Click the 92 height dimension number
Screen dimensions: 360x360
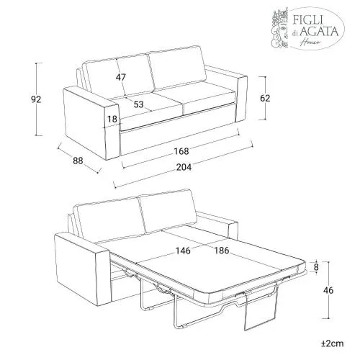click(36, 99)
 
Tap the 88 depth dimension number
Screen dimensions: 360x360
click(78, 161)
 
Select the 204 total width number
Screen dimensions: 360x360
click(184, 167)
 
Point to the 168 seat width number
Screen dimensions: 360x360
click(181, 151)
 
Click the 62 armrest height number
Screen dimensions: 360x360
click(265, 98)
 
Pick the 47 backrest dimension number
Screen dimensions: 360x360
click(121, 77)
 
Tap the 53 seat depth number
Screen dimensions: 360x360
click(138, 104)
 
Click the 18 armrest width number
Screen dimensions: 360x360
click(112, 119)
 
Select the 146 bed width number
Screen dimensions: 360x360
click(183, 251)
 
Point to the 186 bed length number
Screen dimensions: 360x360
click(222, 251)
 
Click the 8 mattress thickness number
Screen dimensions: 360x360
click(316, 267)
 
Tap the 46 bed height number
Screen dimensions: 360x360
click(328, 290)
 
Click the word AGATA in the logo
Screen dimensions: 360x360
click(320, 32)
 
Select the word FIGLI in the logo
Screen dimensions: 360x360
click(307, 19)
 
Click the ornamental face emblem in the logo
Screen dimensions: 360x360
click(280, 29)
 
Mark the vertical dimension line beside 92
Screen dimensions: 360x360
click(36, 99)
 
